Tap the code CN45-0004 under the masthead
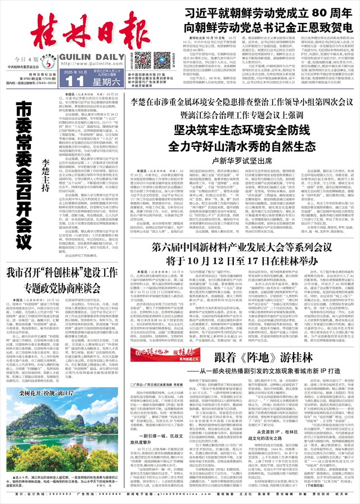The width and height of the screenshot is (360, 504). click(x=44, y=82)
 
